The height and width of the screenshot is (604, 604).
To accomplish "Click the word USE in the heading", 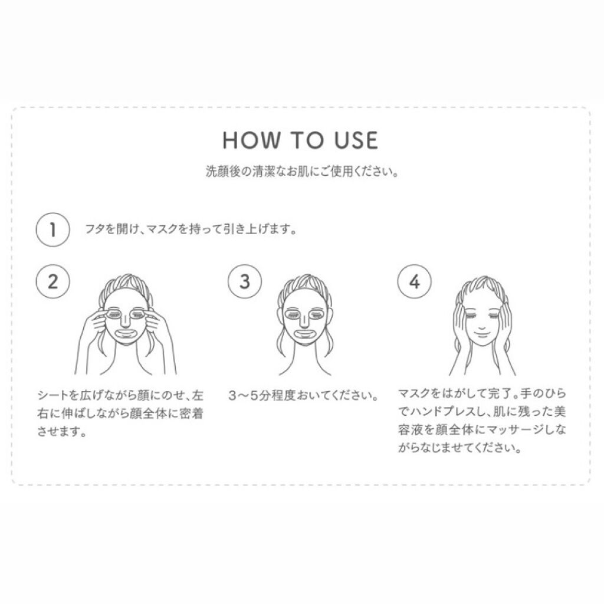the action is (356, 140).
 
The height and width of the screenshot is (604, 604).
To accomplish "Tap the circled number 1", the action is (52, 229).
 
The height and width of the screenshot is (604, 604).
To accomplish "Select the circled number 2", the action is (52, 281).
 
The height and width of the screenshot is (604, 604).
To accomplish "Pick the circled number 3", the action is (245, 281).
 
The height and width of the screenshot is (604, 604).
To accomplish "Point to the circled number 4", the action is (415, 281).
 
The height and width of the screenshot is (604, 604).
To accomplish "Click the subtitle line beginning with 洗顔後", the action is (302, 172).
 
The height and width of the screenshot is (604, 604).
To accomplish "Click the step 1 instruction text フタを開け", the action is (191, 229).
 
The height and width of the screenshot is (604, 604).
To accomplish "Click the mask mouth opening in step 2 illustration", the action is (125, 332).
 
